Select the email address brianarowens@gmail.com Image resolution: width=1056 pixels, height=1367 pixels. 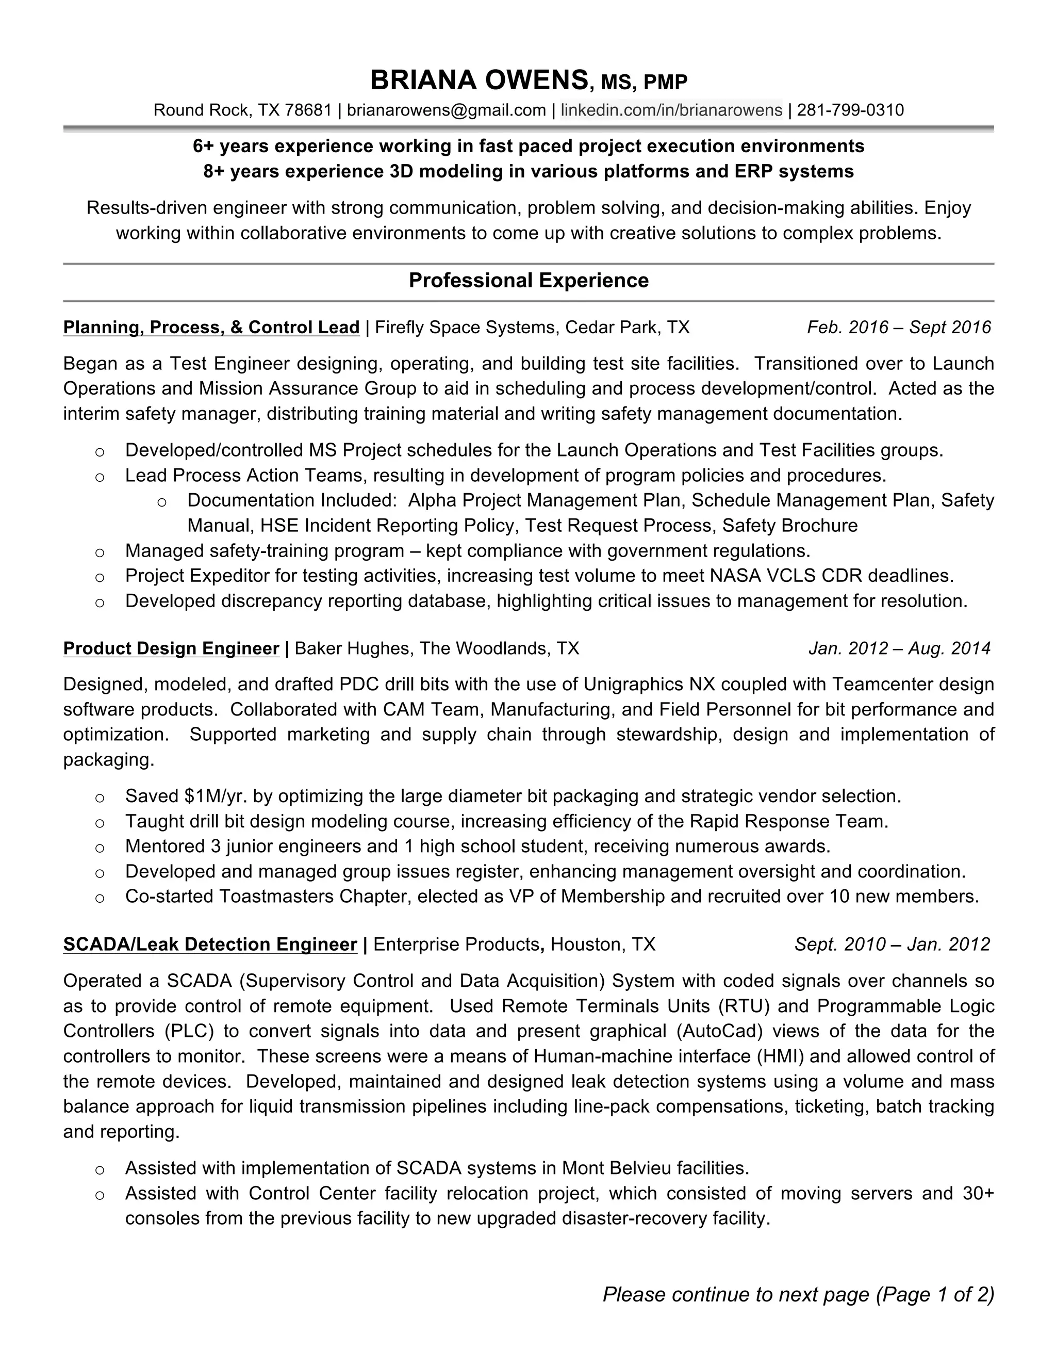[446, 111]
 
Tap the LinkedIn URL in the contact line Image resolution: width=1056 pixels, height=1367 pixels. [671, 111]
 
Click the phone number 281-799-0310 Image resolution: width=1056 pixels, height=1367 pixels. [850, 111]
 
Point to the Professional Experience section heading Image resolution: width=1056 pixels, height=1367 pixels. [528, 281]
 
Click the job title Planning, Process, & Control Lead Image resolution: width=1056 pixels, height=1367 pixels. [211, 328]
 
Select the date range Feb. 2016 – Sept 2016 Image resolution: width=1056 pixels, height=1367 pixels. [898, 328]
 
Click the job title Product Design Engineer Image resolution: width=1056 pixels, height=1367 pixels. [171, 648]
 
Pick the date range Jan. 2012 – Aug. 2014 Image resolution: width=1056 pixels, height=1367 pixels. [899, 648]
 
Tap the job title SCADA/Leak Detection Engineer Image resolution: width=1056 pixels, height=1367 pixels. [210, 945]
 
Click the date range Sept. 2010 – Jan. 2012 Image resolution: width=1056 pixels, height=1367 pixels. [892, 945]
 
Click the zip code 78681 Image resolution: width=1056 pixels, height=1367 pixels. [307, 111]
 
